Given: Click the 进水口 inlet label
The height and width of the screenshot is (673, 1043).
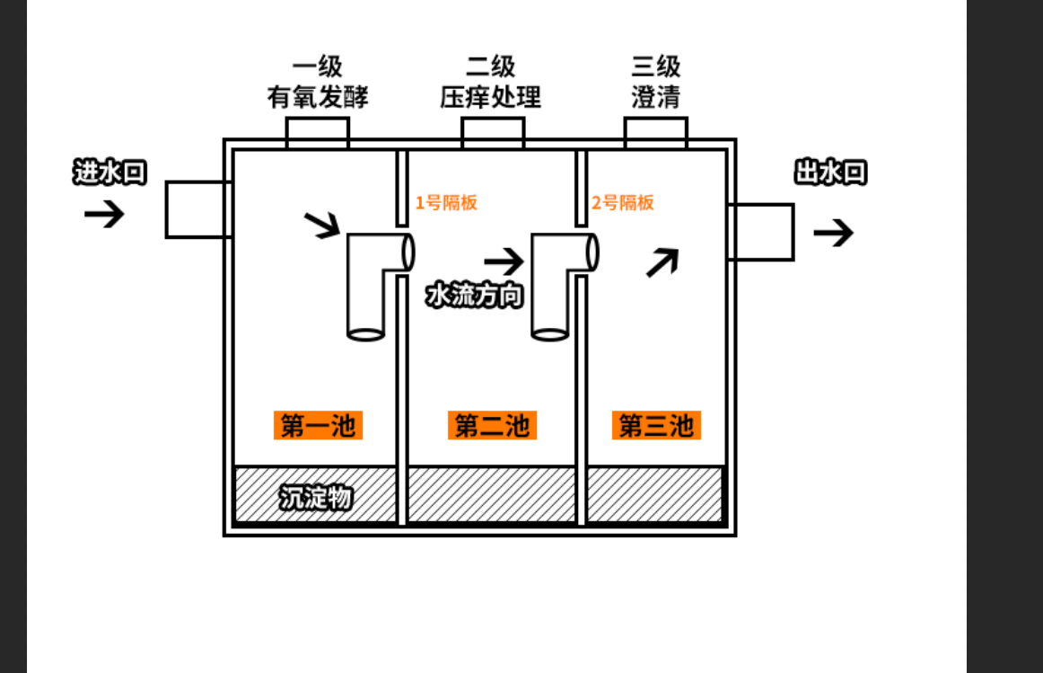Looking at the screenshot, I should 109,173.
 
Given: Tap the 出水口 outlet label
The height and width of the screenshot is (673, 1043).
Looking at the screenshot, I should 830,173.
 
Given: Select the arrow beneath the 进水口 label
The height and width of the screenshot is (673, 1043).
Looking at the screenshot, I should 104,214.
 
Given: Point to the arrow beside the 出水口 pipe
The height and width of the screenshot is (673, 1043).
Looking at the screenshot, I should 833,233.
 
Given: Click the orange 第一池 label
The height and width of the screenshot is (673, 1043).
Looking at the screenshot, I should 318,425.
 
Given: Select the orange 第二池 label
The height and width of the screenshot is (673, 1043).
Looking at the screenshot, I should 492,425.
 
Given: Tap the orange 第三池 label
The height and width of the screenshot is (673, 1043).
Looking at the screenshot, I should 656,425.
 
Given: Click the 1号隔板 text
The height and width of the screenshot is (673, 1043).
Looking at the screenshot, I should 446,202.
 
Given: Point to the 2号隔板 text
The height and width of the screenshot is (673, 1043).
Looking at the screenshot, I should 623,202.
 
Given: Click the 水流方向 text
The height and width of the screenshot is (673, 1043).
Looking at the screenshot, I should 474,295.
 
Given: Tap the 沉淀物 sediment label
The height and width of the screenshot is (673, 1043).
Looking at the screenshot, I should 315,497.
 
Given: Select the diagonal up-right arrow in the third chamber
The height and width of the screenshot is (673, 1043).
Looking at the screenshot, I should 662,261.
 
